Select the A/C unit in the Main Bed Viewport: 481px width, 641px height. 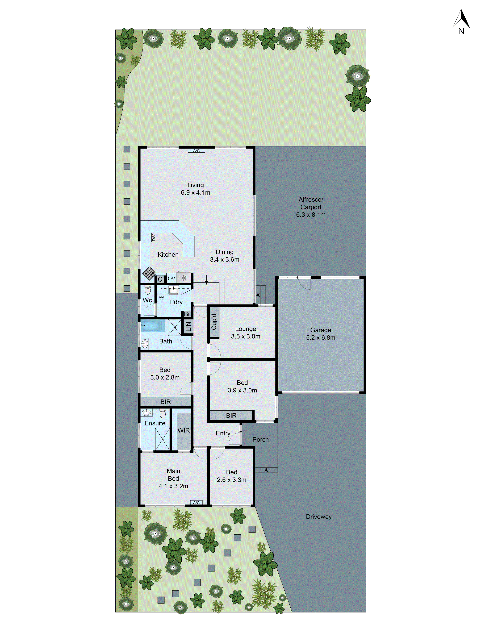click(196, 503)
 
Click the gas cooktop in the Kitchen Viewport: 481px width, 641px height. click(149, 273)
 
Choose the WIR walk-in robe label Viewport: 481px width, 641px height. click(184, 430)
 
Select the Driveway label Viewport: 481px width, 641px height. click(319, 517)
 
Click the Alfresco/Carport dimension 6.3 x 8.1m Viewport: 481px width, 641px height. click(311, 215)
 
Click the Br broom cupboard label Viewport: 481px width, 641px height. click(187, 314)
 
